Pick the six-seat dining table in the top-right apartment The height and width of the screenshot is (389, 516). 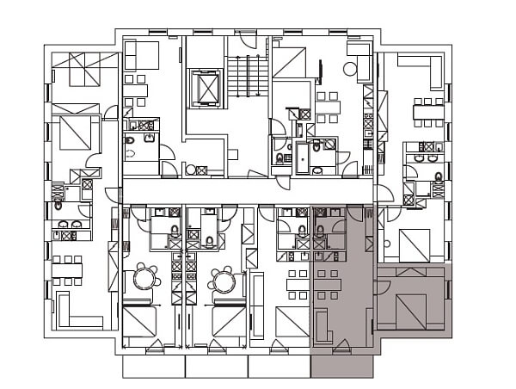[427, 112]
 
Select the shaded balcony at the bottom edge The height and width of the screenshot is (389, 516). [341, 365]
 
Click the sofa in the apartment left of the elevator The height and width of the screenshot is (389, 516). [141, 55]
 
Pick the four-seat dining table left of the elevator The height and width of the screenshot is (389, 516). [136, 90]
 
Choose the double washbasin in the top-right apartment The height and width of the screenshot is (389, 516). [426, 157]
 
